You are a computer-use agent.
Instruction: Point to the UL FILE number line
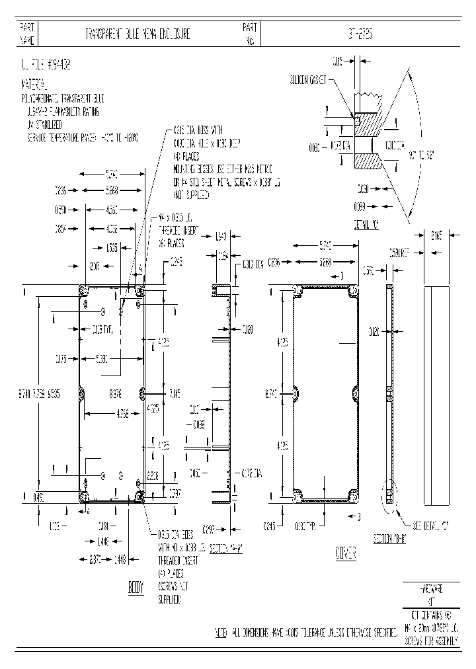click(x=46, y=65)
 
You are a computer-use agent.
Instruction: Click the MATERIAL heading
click(x=34, y=85)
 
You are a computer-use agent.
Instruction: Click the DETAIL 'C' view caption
click(x=366, y=225)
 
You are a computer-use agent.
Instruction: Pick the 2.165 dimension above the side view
click(x=436, y=235)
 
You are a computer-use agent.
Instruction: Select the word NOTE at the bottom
click(x=221, y=633)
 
